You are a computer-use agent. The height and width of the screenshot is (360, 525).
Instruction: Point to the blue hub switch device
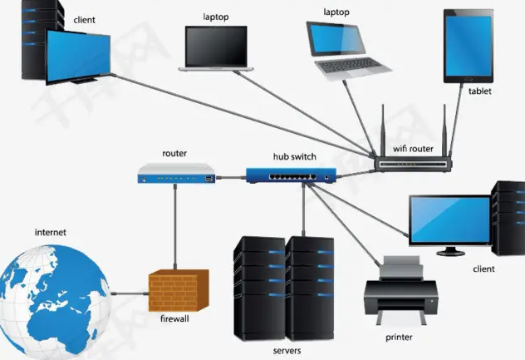click(291, 175)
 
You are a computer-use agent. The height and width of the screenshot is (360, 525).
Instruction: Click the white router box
click(175, 174)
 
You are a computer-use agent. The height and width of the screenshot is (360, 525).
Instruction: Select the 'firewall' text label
click(174, 318)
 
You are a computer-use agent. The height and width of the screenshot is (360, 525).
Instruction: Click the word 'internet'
click(50, 233)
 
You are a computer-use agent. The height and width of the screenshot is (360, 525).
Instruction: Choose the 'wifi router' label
click(413, 149)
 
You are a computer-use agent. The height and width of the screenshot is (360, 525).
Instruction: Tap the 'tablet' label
click(479, 91)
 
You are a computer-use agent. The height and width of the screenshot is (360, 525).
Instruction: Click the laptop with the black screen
click(216, 47)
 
